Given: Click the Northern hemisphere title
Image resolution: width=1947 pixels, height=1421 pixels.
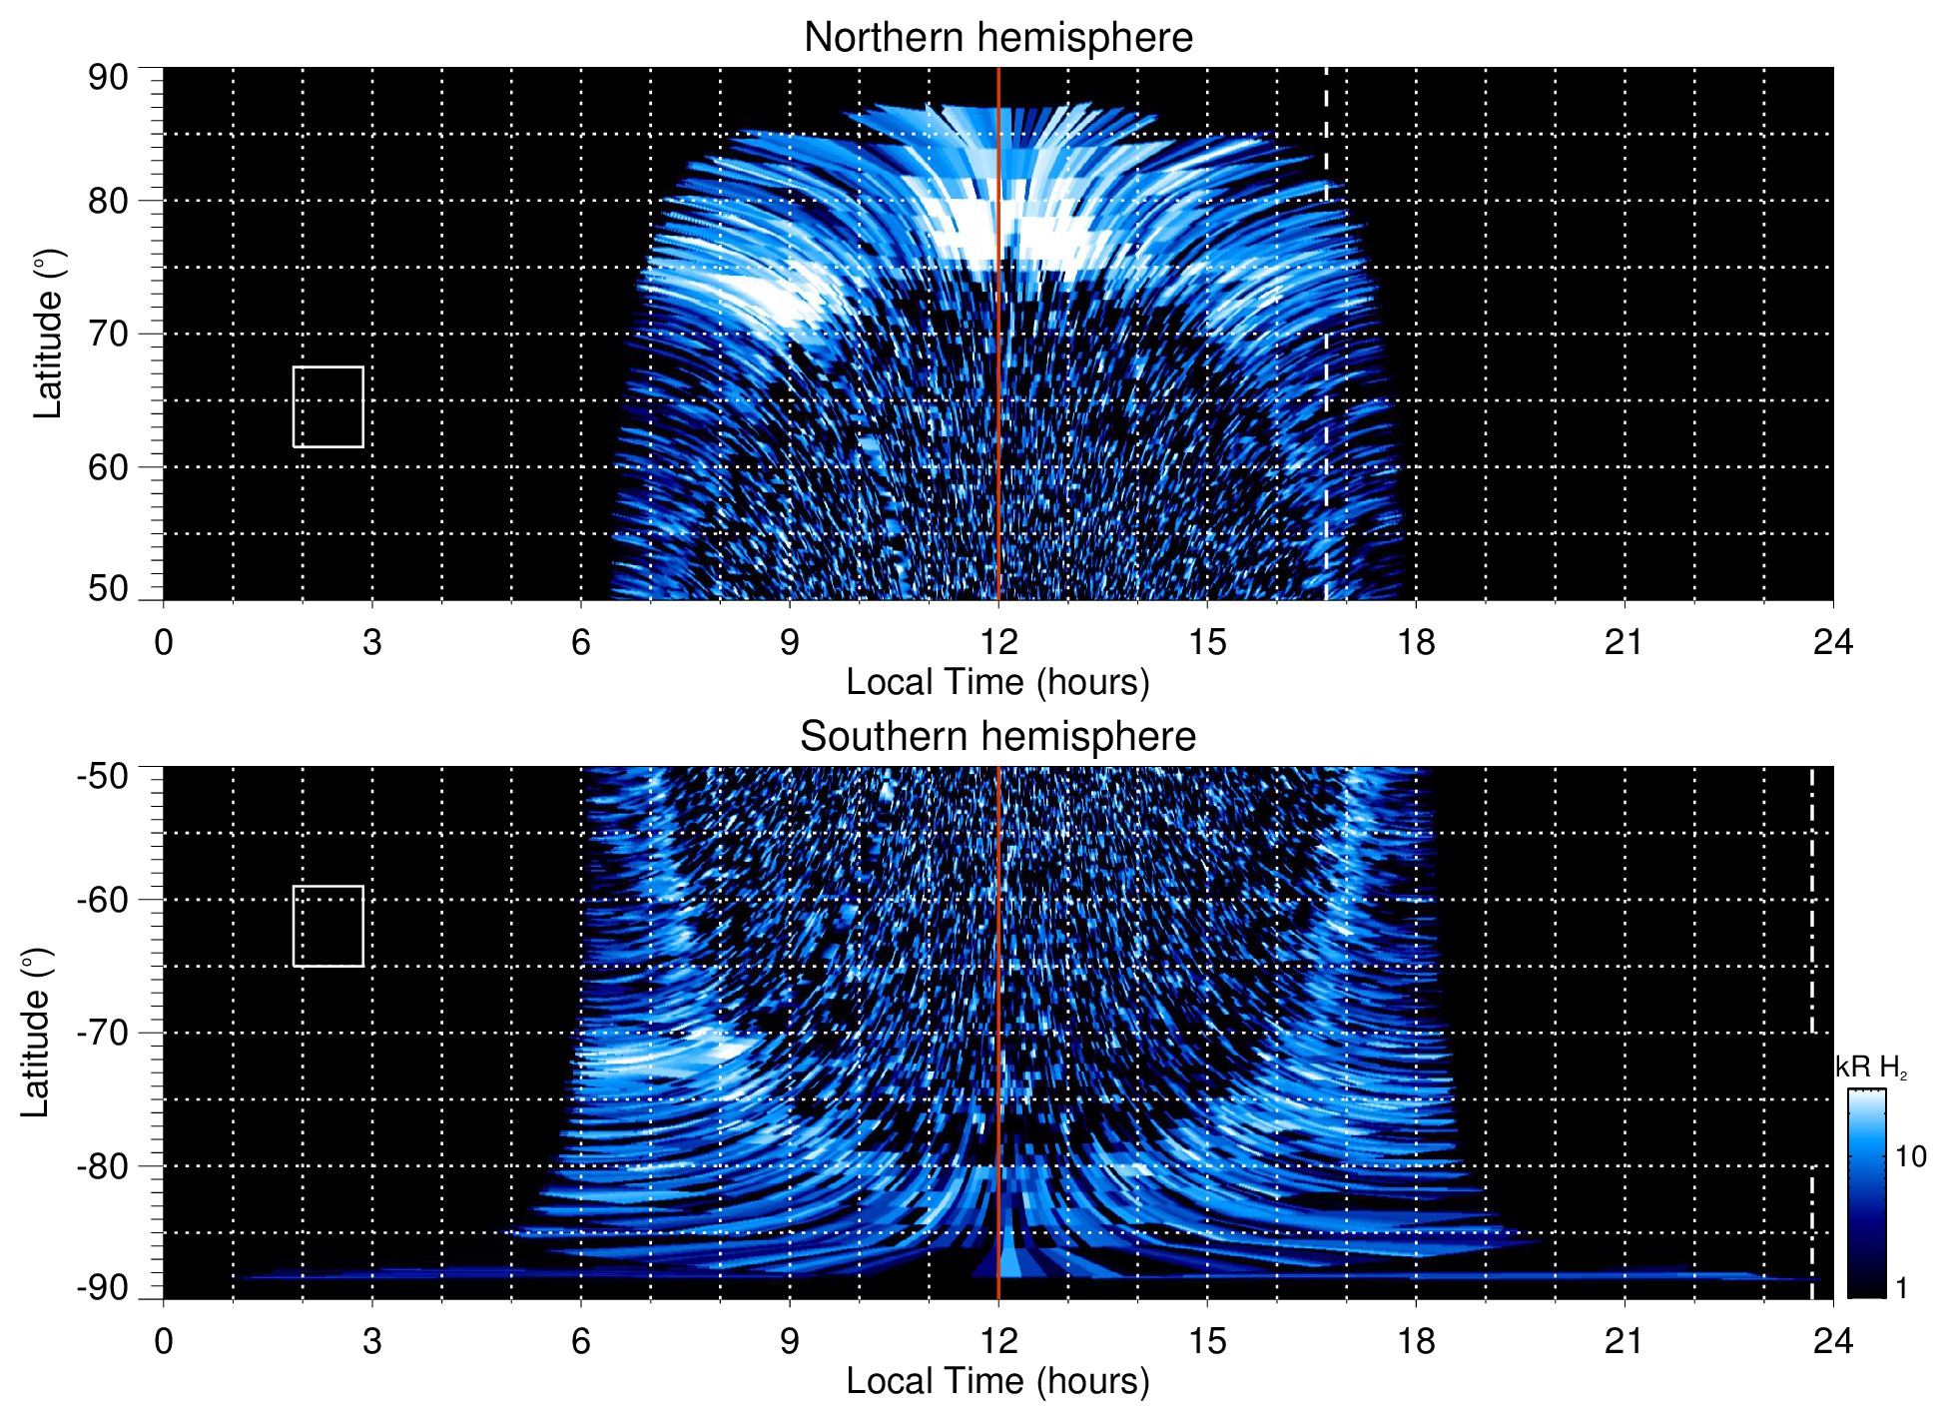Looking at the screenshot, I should (997, 38).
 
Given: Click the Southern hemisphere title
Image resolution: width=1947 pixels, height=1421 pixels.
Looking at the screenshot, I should (997, 737).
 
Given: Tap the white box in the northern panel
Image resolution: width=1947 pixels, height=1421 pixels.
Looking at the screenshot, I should (327, 406).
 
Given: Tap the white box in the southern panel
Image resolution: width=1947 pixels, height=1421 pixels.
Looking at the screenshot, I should (327, 926).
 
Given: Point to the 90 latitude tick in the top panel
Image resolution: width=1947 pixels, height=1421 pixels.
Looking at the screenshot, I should (108, 78).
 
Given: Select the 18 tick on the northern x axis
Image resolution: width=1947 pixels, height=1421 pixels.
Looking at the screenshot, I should (1415, 642).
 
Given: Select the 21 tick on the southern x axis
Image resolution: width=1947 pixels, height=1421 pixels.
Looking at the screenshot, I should (1623, 1341).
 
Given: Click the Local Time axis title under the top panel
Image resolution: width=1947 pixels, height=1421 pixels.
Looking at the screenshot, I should (997, 682).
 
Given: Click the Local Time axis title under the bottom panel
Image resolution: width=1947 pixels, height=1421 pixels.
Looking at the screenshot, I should (997, 1381).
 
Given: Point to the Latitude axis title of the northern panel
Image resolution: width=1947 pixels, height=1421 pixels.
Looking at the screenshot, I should (48, 334).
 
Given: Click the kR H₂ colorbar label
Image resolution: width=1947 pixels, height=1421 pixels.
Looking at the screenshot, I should (1871, 1067).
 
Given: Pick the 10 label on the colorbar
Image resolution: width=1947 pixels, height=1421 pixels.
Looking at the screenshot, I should (1910, 1156).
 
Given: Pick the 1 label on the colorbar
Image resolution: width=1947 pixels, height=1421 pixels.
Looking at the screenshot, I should (1901, 1288).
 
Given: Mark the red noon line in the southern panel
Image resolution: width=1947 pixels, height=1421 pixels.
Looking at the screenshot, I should (998, 999).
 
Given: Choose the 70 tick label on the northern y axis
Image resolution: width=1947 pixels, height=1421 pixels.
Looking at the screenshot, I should (108, 334).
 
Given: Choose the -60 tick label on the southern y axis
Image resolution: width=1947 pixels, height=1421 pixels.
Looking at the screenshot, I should (103, 899).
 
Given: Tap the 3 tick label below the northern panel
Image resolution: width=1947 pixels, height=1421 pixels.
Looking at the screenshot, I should (372, 642).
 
